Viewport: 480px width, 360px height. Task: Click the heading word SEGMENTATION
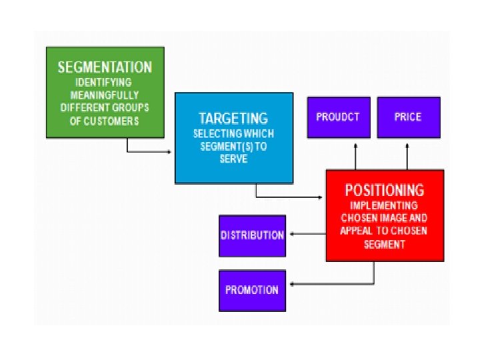tap(105, 67)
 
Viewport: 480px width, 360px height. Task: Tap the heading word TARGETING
tap(233, 119)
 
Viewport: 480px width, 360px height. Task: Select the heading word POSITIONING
tap(385, 189)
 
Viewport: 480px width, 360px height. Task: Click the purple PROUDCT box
tap(338, 117)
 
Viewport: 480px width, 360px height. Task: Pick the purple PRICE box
tap(408, 117)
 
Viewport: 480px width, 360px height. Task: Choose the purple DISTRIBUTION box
tap(252, 235)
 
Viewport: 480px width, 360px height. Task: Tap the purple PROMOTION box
tap(252, 290)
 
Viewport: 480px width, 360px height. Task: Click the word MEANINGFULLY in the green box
tap(105, 95)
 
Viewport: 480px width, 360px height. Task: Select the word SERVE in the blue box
tap(233, 159)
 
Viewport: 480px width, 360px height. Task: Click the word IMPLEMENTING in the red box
tap(384, 205)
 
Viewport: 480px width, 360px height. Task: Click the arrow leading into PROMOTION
tap(333, 285)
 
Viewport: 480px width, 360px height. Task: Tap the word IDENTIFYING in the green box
tap(105, 83)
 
